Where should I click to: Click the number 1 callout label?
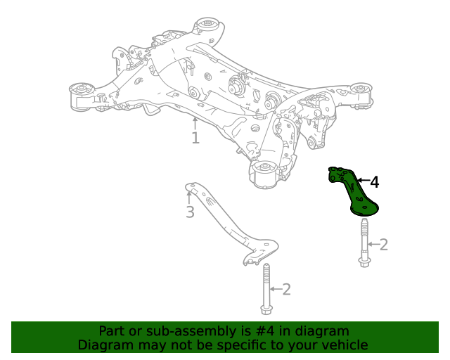[x=195, y=139]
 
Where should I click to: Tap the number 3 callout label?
[x=190, y=212]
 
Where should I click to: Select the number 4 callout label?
[x=374, y=183]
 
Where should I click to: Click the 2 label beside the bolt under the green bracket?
[x=384, y=245]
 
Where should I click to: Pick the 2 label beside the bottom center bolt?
[x=285, y=289]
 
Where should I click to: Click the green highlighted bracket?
[x=354, y=193]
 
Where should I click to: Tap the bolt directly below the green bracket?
[x=364, y=243]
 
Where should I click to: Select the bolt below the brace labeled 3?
[x=266, y=289]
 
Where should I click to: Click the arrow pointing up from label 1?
[x=195, y=123]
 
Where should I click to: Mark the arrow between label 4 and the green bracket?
[x=363, y=181]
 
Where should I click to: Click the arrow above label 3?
[x=189, y=196]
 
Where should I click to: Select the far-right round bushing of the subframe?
[x=361, y=89]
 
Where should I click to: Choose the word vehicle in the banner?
[x=342, y=345]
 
